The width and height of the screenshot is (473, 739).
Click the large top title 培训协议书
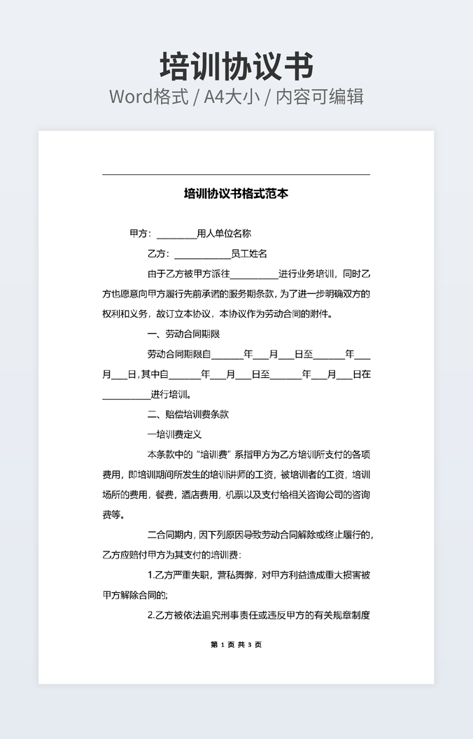pos(236,66)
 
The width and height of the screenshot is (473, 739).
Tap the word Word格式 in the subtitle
pos(148,97)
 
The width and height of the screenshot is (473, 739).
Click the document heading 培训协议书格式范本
pos(236,193)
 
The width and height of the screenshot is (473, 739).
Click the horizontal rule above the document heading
pos(236,174)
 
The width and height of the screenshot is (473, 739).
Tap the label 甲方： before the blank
pos(141,234)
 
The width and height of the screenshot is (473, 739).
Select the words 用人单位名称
pos(224,234)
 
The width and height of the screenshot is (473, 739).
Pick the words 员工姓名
pos(249,253)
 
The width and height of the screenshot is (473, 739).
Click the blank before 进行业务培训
pos(254,276)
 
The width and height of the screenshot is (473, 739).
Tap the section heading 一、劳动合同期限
pos(184,334)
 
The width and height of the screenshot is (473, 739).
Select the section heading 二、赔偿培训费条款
pos(188,414)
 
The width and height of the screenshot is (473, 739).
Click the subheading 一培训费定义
pos(174,435)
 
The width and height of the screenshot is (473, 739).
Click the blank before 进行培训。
pos(126,397)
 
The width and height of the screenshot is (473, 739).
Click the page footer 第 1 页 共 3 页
pos(236,645)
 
